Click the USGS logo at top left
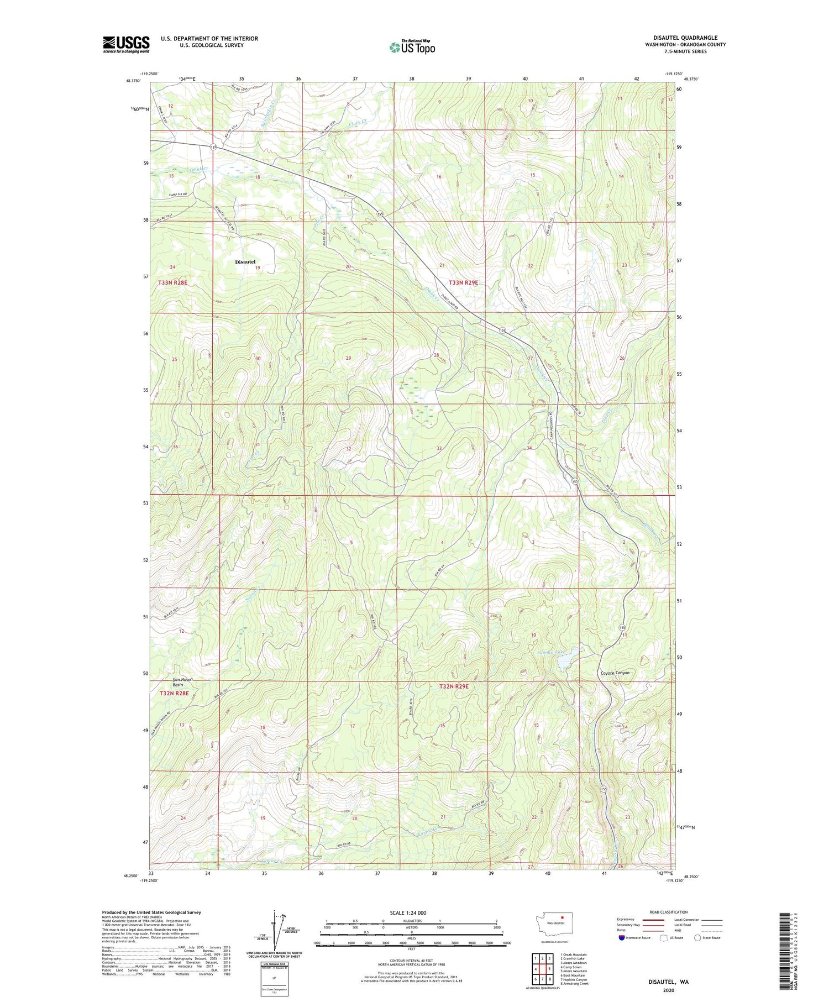click(x=126, y=44)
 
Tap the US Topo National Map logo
click(x=412, y=48)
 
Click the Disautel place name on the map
click(x=245, y=261)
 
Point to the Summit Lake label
click(x=551, y=652)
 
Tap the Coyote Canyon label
click(x=615, y=673)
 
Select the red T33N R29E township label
click(x=463, y=282)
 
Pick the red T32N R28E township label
click(x=174, y=693)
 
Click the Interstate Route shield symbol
click(x=621, y=938)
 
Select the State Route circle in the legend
click(x=697, y=938)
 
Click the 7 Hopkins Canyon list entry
click(x=573, y=979)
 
